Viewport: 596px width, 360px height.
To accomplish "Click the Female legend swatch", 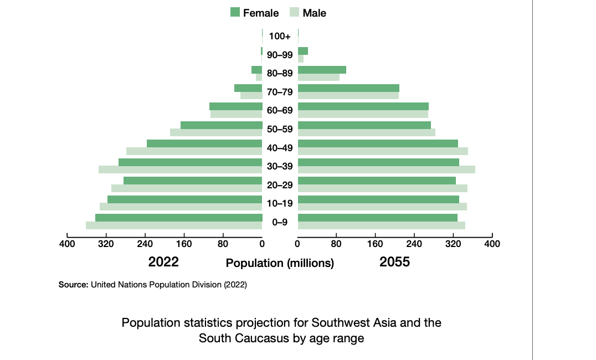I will (235, 12).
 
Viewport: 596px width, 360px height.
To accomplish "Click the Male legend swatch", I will (294, 12).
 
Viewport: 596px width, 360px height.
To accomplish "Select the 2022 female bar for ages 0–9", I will (178, 218).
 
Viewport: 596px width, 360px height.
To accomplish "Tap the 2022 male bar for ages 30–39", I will (180, 169).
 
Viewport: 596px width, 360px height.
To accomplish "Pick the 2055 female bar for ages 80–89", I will (322, 70).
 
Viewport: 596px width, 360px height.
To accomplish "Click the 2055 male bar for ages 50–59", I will (366, 132).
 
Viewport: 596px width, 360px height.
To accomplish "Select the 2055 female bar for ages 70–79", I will (348, 88).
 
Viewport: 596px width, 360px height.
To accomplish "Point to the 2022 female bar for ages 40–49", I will (204, 143).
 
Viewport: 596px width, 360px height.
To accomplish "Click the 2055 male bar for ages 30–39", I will (386, 169).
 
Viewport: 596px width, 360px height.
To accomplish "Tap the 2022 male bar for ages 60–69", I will (236, 114).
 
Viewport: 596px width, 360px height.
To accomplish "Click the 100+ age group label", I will (280, 37).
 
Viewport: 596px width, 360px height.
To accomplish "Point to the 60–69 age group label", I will (280, 110).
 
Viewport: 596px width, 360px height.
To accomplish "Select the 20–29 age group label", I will (280, 185).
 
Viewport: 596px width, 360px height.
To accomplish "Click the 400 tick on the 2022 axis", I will (67, 243).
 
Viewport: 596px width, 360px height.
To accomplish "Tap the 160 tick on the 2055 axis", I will (375, 243).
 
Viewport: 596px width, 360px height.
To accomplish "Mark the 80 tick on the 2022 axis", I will (223, 243).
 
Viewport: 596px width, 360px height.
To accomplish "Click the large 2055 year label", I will (394, 262).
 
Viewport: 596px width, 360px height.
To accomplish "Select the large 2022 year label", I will (163, 262).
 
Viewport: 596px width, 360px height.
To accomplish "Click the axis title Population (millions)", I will (280, 264).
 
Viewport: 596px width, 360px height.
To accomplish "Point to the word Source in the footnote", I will (73, 285).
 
